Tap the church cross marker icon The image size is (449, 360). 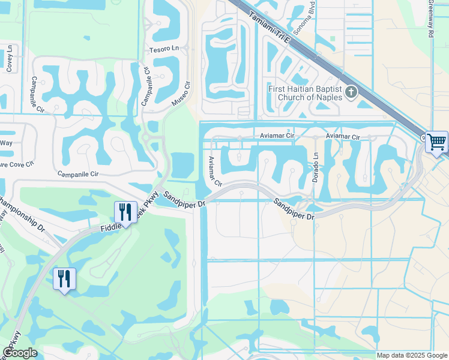coord(351,92)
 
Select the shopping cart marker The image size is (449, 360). coord(437,142)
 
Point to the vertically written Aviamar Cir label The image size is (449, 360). coord(214,170)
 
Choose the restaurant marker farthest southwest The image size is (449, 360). coord(64,278)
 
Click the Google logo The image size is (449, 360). coord(20,353)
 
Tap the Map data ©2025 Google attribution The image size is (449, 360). coord(411,355)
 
